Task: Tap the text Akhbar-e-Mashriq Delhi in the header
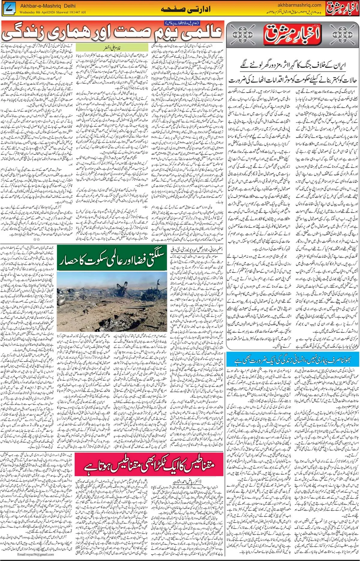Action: pyautogui.click(x=48, y=6)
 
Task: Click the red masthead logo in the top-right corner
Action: pyautogui.click(x=342, y=9)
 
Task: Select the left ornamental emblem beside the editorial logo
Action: pyautogui.click(x=243, y=35)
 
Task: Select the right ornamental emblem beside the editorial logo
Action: pyautogui.click(x=342, y=35)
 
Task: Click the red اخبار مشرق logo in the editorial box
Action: pyautogui.click(x=292, y=35)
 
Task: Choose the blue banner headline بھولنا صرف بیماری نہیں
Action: pyautogui.click(x=292, y=360)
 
